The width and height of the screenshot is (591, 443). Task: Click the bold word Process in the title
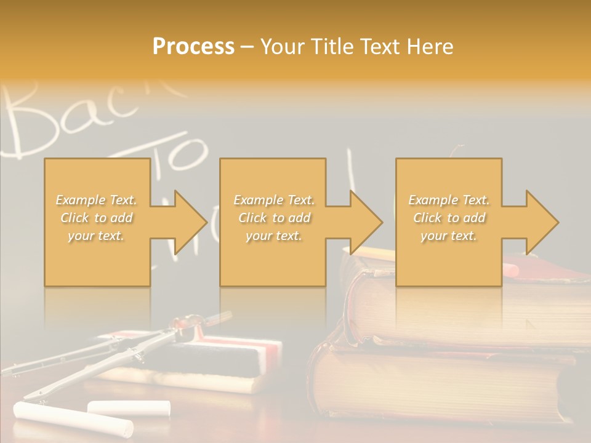click(193, 47)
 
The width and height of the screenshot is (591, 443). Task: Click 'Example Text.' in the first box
click(97, 200)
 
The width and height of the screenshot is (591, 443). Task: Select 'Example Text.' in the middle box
click(274, 200)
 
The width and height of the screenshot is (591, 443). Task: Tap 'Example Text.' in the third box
click(449, 200)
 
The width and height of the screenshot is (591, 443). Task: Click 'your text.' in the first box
click(97, 236)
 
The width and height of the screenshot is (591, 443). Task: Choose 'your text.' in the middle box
click(274, 236)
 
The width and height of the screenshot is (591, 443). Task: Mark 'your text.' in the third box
click(449, 236)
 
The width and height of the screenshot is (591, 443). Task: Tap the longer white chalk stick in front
click(74, 418)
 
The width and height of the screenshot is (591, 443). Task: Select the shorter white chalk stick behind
click(129, 407)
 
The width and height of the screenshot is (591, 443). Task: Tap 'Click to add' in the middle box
click(274, 218)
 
